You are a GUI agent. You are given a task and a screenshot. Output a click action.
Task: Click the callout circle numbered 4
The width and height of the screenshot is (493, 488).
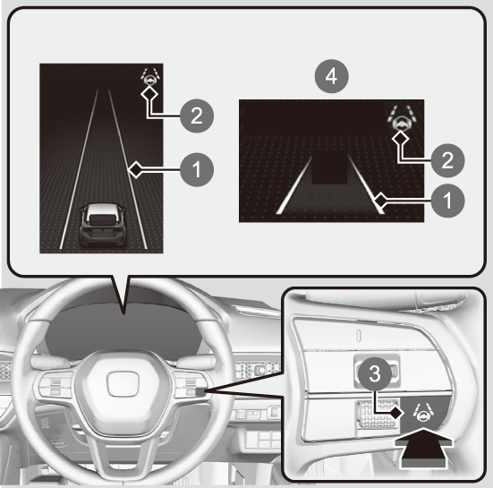pos(332,76)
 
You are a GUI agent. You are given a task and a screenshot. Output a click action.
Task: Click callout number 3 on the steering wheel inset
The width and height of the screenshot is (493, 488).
pos(375,374)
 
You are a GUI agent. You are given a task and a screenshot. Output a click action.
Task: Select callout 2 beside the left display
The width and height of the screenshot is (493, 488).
pos(197,116)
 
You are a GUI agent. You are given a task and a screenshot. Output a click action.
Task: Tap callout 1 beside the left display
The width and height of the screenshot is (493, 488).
pos(197,169)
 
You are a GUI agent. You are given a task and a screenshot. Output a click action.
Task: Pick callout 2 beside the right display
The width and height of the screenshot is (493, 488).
pos(447,160)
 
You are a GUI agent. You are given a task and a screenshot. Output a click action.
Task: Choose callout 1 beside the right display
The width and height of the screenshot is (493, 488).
pos(447,201)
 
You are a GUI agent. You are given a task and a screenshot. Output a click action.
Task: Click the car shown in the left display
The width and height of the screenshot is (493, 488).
pos(103,224)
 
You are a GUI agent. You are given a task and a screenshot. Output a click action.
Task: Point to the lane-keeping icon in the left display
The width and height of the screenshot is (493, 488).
pos(150,76)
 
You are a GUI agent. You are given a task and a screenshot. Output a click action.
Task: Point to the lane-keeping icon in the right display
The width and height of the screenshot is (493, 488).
pos(402,117)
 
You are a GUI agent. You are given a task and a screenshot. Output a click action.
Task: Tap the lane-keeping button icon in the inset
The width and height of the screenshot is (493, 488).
pos(423,412)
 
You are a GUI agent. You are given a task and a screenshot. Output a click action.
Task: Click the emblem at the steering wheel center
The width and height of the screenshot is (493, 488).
pos(123,385)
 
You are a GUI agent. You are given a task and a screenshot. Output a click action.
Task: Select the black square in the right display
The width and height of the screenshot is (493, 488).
pos(329,168)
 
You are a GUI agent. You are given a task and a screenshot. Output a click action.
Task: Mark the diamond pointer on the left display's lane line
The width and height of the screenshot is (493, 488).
pos(136,169)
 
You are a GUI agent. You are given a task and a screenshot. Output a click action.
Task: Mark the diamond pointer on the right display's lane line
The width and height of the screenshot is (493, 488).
pos(380,200)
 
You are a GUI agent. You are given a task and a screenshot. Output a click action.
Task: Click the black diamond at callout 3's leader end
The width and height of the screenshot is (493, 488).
pos(396,412)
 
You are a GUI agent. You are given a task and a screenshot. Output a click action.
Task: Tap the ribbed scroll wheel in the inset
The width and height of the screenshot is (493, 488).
pos(377,414)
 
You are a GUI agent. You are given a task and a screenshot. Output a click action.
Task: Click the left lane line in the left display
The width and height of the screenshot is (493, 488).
pos(79,169)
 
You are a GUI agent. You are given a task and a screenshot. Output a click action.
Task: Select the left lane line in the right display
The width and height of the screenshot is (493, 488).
pos(294,185)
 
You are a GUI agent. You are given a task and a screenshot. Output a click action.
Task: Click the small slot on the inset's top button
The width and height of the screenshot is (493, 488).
pos(360,335)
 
